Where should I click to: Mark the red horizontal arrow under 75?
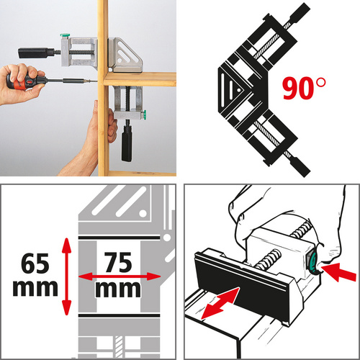click(x=120, y=276)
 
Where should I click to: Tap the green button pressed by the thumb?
click(x=315, y=264)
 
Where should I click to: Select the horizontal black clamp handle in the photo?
click(x=36, y=52)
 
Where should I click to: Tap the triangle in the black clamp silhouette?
click(x=235, y=86)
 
